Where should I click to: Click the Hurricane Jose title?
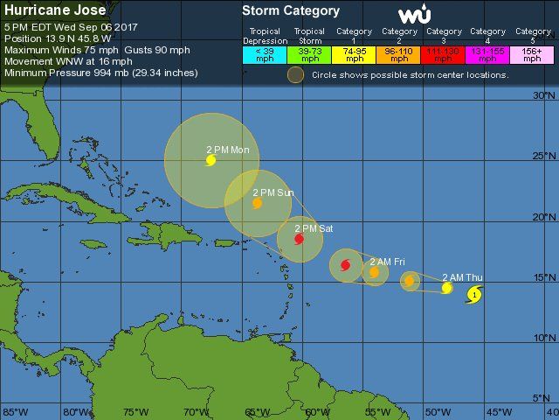[56, 10]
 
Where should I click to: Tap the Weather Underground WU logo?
[414, 15]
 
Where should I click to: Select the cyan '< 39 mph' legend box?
[265, 54]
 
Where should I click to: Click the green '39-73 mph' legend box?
[309, 54]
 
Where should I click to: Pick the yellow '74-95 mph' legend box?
[355, 54]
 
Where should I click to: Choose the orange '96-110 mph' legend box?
[399, 54]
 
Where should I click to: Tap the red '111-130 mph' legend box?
[444, 54]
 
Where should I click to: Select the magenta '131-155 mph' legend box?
[488, 54]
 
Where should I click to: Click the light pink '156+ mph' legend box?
[532, 54]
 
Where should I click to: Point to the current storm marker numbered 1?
[473, 296]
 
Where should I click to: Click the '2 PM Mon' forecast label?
[228, 150]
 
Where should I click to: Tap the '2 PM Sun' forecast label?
[273, 192]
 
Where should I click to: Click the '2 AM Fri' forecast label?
[387, 262]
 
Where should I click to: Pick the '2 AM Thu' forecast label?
[462, 276]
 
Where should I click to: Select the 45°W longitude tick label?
[499, 411]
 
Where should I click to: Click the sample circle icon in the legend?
[296, 75]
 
